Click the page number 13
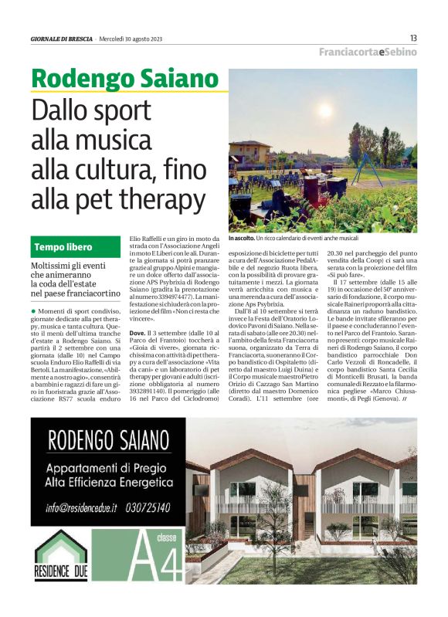tap(413, 38)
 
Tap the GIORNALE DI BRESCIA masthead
tap(62, 39)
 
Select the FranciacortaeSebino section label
tap(368, 52)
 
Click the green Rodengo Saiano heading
tap(125, 79)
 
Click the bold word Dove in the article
tap(137, 332)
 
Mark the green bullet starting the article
tap(34, 287)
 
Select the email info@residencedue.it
tap(81, 507)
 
